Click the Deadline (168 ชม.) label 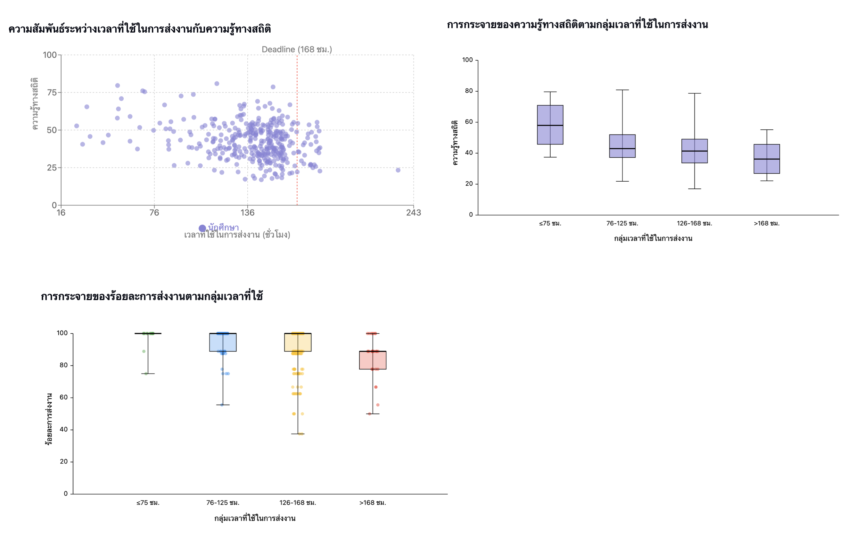click(296, 50)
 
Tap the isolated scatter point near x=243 click(398, 170)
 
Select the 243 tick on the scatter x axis click(413, 213)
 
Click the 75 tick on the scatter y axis click(52, 93)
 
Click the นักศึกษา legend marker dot click(202, 228)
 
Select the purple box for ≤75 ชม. click(550, 125)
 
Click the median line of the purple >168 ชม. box click(767, 159)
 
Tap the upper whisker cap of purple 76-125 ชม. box click(622, 90)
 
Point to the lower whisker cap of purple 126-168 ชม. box click(694, 189)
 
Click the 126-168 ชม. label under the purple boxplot click(694, 224)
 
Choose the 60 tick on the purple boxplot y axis click(469, 122)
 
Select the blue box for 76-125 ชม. click(223, 342)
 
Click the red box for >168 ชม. click(373, 360)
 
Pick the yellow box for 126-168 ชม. click(298, 342)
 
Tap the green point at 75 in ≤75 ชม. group click(146, 374)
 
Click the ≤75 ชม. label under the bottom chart click(148, 503)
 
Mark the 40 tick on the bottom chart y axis click(64, 430)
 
